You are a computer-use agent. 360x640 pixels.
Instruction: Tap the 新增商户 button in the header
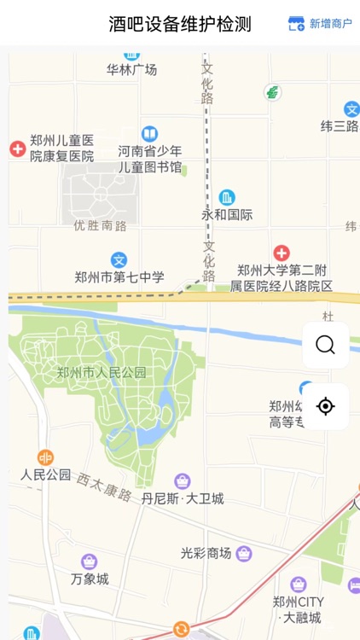coord(320,24)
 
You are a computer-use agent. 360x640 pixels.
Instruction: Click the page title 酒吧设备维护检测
coord(180,24)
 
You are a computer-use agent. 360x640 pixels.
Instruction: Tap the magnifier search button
coord(325,345)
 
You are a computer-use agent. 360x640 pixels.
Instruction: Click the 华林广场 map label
coord(132,70)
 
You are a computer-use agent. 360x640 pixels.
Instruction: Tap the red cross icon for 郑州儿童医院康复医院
coord(18,149)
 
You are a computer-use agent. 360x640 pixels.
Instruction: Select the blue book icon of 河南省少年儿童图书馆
coord(149,134)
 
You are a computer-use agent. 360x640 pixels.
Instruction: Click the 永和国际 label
coord(227,215)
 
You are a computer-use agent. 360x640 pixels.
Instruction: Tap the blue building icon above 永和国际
coord(227,198)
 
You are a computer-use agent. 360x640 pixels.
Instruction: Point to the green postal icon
coord(272,92)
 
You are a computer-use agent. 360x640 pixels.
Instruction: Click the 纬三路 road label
coord(340,126)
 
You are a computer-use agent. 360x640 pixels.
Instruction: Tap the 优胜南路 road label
coord(100,226)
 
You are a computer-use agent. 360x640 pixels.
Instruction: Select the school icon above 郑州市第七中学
coord(119,260)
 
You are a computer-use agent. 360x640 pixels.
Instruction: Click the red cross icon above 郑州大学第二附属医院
coord(282,253)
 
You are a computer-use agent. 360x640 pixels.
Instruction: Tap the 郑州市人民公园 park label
coord(102,372)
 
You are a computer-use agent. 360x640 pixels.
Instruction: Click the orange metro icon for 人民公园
coord(45,457)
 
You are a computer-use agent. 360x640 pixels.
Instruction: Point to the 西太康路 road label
coord(104,488)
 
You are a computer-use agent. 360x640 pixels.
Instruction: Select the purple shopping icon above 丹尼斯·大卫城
coord(182,481)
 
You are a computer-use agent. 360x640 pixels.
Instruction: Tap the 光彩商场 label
coord(206,553)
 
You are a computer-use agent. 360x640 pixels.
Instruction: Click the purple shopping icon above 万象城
coord(90,561)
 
